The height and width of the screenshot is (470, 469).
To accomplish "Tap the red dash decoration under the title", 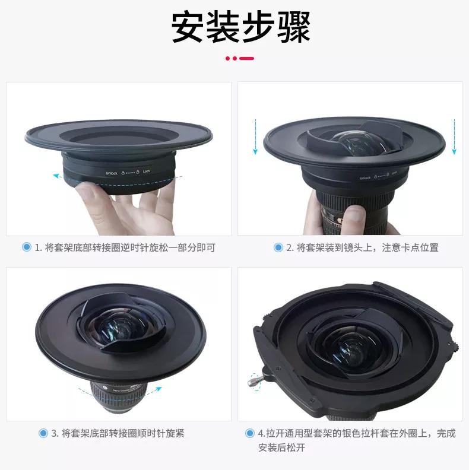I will coord(240,58).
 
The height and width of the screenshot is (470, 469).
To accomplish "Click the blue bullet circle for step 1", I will coord(26,247).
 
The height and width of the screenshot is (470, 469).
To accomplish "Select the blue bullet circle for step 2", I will coord(278,247).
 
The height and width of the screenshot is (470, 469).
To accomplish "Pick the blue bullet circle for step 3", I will coord(43,433).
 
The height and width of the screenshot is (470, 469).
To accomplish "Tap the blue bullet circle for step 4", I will coord(250,433).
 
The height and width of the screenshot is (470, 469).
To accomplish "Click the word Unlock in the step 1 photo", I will coord(112,173).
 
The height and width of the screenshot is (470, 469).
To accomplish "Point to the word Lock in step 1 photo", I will coord(146,172).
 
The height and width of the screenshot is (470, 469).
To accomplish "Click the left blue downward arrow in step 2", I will coord(255,136).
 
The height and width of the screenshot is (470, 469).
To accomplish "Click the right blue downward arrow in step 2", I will coord(454,136).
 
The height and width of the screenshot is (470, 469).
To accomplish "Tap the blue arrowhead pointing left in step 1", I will coord(55,176).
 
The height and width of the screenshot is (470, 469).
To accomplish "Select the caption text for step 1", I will coord(125,247).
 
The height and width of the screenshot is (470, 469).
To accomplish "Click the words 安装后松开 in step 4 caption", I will coord(281,448).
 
